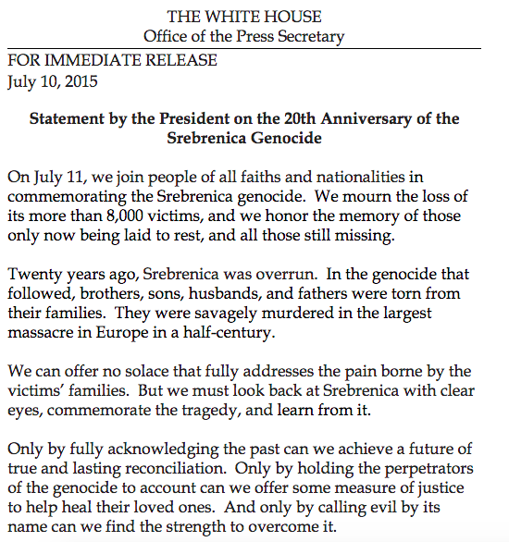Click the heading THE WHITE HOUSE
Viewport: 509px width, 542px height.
click(243, 17)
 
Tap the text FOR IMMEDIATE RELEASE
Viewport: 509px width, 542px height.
click(112, 61)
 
